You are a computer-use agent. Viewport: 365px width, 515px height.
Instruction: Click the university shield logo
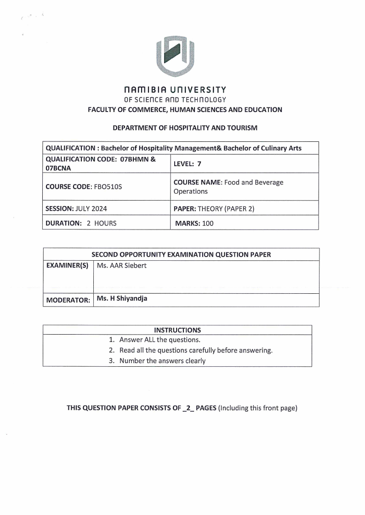175,55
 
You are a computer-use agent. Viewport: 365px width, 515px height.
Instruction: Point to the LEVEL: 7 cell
188,164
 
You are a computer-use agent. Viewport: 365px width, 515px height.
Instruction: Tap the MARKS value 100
208,224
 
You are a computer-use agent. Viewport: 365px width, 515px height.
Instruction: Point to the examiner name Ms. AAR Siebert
122,265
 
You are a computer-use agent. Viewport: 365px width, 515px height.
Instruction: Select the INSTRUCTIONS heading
177,330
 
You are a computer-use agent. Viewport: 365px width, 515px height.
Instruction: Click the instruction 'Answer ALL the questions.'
160,340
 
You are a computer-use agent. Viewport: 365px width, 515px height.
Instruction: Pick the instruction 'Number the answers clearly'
162,361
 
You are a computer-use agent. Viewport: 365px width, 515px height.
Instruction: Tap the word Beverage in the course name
268,182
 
